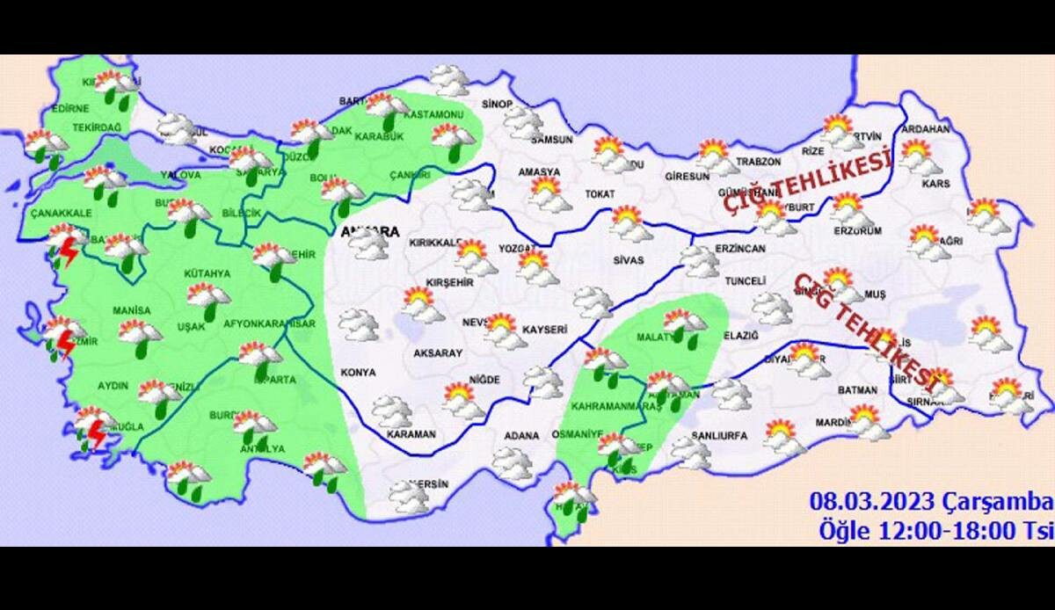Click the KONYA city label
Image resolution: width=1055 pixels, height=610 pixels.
click(x=359, y=373)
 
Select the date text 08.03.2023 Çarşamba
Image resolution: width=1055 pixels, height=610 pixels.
click(x=931, y=503)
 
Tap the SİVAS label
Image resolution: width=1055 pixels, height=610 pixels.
click(x=629, y=260)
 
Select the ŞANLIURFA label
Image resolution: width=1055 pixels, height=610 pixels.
click(x=719, y=436)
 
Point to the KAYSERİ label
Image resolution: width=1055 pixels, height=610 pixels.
click(x=545, y=329)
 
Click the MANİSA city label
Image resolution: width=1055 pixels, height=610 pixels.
click(x=132, y=310)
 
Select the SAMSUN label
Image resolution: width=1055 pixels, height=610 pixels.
click(x=552, y=140)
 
